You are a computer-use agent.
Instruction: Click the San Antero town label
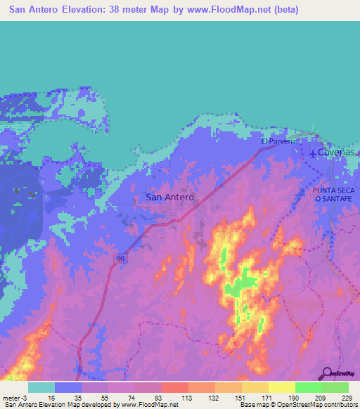(169, 197)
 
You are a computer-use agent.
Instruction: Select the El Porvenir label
(281, 141)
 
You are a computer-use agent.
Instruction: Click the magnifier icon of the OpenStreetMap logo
(326, 374)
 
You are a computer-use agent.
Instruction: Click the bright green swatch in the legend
(308, 387)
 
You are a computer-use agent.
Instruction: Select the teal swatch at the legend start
(41, 387)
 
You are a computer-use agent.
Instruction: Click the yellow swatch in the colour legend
(281, 387)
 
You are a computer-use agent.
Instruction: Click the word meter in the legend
(11, 398)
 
